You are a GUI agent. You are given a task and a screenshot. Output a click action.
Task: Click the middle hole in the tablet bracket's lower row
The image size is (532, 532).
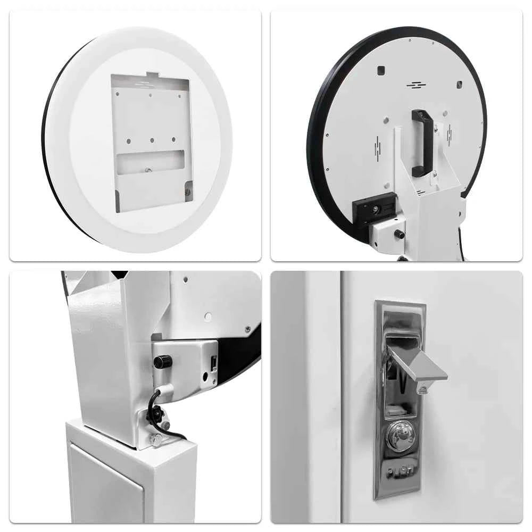pos(152,140)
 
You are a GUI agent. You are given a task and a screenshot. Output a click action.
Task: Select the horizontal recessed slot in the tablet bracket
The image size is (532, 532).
pos(151,162)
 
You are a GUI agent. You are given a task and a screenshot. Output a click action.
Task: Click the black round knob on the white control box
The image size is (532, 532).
pos(159,362)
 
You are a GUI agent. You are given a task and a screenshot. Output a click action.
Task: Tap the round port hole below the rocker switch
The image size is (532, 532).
pos(205,377)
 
